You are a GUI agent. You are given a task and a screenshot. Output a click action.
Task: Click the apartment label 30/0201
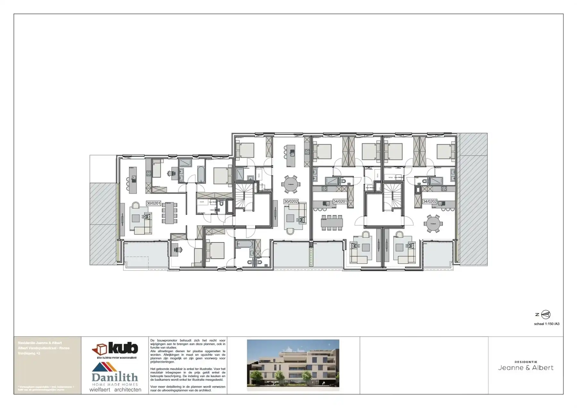(153, 203)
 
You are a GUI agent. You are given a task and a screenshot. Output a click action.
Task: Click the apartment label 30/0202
(291, 202)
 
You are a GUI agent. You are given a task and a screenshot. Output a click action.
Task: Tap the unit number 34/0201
(340, 202)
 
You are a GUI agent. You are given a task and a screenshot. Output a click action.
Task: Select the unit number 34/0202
(430, 202)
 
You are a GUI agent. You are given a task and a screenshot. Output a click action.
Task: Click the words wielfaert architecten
(115, 390)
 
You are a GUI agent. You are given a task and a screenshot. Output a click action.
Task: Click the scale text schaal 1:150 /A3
(547, 324)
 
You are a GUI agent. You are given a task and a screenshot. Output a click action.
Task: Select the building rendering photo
(293, 365)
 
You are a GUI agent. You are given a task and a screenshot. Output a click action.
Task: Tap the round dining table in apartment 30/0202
(291, 184)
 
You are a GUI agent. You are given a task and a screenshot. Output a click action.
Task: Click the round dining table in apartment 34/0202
(433, 224)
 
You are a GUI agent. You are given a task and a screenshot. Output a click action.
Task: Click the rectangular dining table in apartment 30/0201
(169, 213)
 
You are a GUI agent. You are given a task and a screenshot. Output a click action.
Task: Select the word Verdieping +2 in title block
(29, 353)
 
